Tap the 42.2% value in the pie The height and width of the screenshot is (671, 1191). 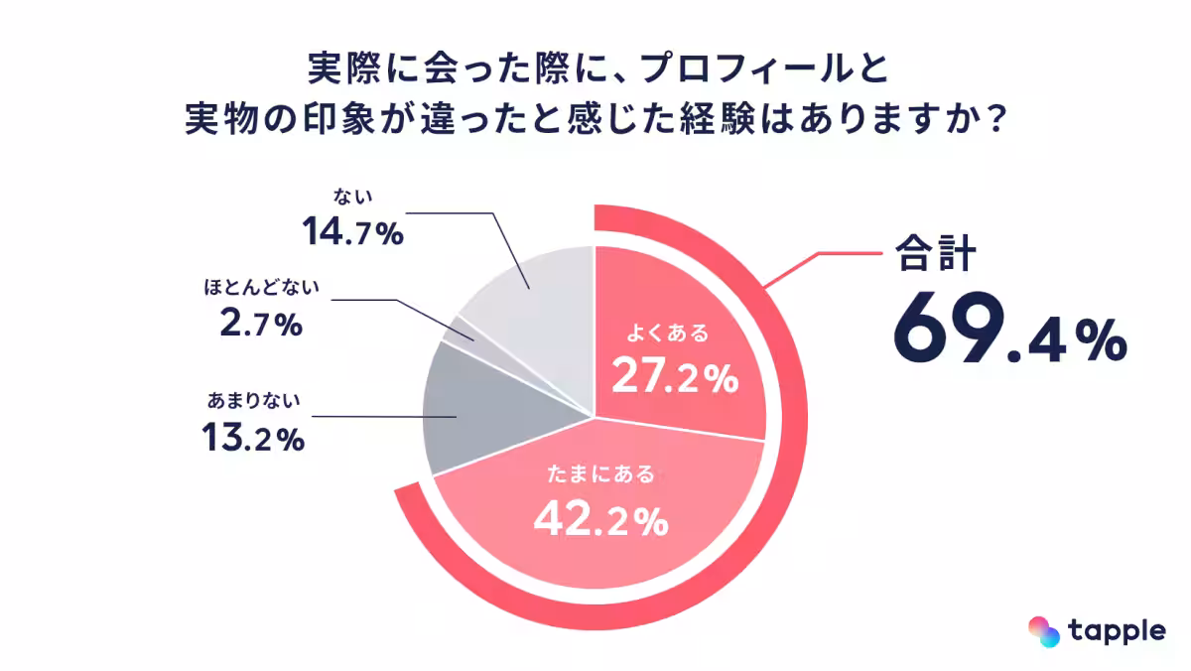point(600,517)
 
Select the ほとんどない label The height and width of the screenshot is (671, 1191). point(261,289)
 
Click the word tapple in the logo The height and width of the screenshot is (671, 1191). point(1118,630)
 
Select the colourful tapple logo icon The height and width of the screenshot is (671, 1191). point(1043,630)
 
